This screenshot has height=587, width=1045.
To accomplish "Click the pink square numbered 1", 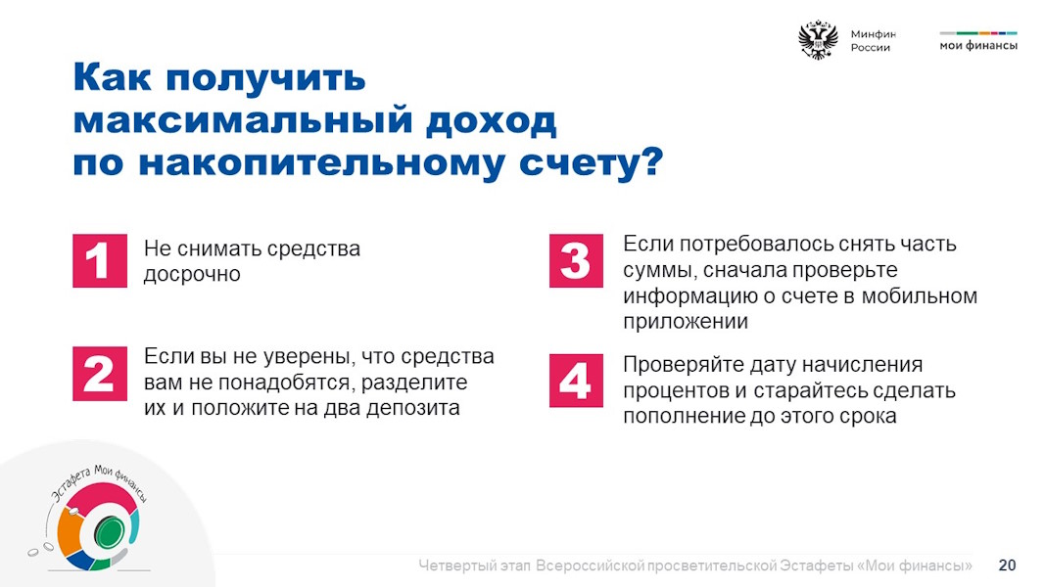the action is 100,261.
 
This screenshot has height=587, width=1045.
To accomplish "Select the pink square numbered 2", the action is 100,374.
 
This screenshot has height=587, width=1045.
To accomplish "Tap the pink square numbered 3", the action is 577,261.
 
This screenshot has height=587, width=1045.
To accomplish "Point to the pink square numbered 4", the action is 577,381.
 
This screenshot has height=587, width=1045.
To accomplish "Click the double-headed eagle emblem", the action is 819,40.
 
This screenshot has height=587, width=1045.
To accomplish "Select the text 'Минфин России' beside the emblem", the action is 873,40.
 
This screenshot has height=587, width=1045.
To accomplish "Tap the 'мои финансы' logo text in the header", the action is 978,45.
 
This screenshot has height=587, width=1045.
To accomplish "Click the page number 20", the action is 1007,565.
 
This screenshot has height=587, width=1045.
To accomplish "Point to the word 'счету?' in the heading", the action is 592,163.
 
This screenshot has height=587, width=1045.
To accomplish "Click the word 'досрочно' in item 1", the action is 192,275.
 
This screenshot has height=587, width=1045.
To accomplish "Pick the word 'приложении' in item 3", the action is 686,322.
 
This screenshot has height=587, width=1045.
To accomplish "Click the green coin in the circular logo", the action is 109,532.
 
